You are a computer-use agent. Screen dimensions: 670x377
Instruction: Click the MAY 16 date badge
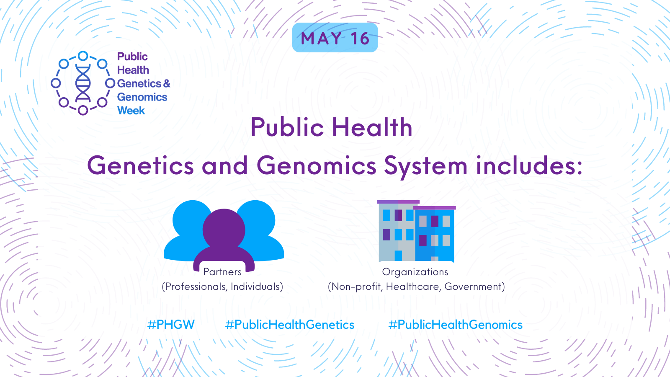click(335, 38)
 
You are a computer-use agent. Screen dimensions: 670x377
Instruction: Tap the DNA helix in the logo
click(83, 83)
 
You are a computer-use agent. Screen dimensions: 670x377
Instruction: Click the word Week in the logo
click(131, 111)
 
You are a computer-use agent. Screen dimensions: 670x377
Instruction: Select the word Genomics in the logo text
click(142, 97)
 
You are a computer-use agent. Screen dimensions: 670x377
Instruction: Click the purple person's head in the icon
click(224, 230)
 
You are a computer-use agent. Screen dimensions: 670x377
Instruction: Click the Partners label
click(222, 272)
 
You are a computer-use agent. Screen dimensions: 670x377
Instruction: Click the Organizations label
click(415, 272)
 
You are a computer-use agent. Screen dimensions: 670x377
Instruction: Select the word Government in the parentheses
click(473, 287)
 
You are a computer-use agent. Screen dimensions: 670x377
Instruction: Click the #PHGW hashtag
click(171, 325)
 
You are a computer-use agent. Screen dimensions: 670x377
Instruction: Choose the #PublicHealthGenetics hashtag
click(290, 325)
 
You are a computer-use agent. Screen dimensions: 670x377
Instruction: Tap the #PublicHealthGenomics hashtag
click(455, 325)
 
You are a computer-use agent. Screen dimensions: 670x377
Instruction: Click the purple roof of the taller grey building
click(398, 202)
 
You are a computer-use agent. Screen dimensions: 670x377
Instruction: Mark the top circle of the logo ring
click(83, 56)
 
